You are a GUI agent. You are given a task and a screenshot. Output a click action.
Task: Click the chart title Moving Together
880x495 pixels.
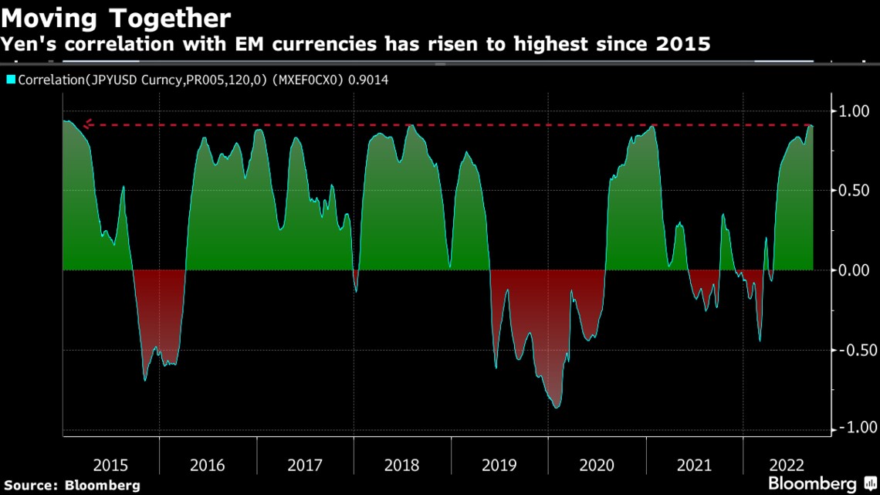(116, 17)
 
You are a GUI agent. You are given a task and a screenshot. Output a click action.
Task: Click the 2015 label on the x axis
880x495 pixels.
(110, 465)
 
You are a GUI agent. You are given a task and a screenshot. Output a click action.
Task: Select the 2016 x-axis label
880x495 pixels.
(208, 465)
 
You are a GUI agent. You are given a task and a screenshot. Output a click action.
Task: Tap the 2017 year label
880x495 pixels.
(305, 465)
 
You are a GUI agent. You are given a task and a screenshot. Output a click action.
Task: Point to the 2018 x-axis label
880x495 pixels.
(401, 465)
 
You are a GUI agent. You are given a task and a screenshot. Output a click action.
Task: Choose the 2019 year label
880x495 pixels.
(499, 465)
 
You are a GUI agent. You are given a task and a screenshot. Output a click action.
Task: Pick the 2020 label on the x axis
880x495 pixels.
(596, 465)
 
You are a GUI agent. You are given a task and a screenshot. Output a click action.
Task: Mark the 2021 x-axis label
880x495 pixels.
(693, 465)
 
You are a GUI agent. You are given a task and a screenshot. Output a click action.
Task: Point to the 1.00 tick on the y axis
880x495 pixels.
(853, 112)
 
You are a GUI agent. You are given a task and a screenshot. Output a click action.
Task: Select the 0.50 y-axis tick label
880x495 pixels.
(853, 191)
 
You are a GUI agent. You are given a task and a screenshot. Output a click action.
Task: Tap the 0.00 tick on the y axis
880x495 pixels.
(853, 270)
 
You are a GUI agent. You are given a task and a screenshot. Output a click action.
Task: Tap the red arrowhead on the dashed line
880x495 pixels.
(87, 124)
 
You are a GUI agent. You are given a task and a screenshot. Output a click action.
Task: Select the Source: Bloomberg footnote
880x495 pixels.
(70, 485)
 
